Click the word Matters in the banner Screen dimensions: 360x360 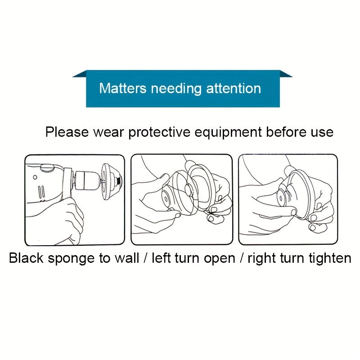(122, 88)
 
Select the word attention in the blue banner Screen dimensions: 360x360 (234, 88)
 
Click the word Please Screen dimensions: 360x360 (67, 132)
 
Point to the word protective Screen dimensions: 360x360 (159, 133)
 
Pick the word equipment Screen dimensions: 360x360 (228, 133)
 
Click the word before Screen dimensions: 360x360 (286, 132)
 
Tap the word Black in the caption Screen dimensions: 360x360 (26, 258)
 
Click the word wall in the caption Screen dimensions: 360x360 (127, 258)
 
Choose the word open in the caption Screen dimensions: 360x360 (220, 259)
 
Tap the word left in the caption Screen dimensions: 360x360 (161, 258)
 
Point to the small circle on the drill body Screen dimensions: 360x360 (35, 177)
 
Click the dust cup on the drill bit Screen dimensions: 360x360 (112, 181)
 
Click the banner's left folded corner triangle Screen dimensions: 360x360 (80, 74)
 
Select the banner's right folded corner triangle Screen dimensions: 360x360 (286, 74)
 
